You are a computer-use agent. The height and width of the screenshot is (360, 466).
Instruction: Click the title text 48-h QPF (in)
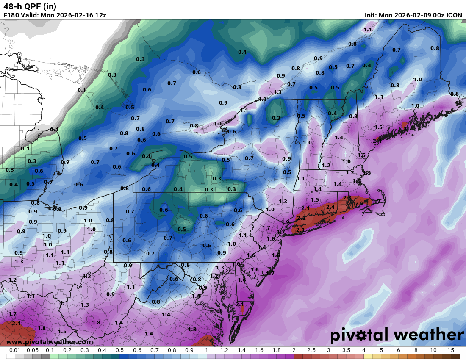tap(30, 6)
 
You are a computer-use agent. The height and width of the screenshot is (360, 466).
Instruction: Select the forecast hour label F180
tap(11, 15)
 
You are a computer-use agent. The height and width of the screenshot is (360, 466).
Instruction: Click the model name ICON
tap(455, 15)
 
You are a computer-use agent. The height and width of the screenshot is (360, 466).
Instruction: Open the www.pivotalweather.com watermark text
tap(50, 342)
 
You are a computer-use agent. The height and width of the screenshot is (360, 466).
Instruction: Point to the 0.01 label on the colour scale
tap(15, 350)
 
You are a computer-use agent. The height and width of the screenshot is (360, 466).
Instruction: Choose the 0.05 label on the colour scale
tap(32, 350)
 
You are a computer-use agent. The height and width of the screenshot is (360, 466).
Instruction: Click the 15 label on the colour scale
tap(450, 350)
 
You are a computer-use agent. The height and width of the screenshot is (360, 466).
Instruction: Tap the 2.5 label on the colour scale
tap(311, 350)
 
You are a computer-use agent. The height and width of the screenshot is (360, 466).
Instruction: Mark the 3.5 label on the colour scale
tap(346, 350)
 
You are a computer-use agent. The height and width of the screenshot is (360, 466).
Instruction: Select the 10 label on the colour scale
tap(433, 350)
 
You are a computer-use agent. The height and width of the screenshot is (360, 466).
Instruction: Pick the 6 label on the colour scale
tap(398, 350)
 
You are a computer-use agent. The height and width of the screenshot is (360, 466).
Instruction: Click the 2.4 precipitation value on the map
tap(330, 207)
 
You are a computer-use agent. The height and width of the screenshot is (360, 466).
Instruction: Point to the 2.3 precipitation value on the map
tap(347, 198)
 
